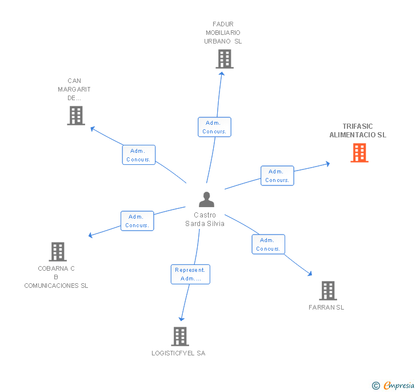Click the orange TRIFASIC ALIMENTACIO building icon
tap(359, 153)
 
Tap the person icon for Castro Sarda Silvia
tap(206, 200)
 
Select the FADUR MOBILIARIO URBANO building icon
tap(225, 59)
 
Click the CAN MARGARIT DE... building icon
tap(75, 115)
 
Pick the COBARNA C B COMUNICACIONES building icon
tap(58, 251)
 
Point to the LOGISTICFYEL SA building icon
tap(180, 336)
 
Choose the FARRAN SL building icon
tap(327, 291)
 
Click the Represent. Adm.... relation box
tap(190, 274)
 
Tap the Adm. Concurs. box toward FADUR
tap(214, 127)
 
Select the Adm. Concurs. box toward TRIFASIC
tap(277, 176)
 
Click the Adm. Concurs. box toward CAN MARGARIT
tap(138, 155)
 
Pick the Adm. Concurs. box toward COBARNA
tap(137, 221)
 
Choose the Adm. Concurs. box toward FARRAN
tap(268, 244)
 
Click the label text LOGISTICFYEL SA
tap(178, 353)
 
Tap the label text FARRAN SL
tap(326, 307)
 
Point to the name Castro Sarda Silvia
tap(205, 219)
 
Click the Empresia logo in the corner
tap(398, 385)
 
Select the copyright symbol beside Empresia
tap(375, 386)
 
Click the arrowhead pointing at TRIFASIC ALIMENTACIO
tap(327, 164)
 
